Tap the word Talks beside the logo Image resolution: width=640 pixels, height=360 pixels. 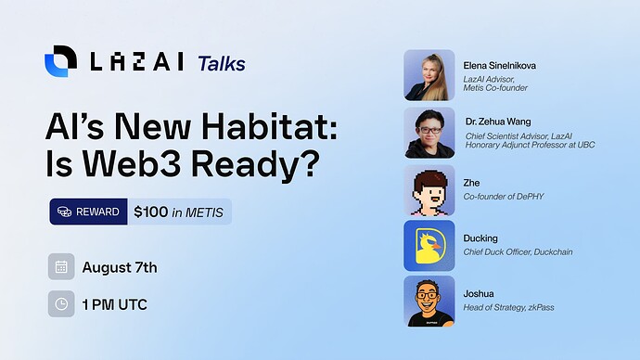(x=222, y=63)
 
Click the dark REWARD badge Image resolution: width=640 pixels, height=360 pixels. (x=88, y=212)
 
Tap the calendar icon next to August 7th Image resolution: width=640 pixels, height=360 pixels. (x=61, y=267)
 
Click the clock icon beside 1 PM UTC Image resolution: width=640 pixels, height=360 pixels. (x=61, y=303)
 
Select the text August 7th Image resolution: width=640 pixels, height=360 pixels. (x=120, y=267)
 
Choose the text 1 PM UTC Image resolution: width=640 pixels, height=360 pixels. (x=114, y=304)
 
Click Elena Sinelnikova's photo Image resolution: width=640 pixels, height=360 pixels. (x=429, y=75)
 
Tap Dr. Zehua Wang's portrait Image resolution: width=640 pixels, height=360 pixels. (x=429, y=133)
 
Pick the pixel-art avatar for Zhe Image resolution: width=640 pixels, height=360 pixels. (x=429, y=190)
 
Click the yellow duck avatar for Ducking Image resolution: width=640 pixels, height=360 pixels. (x=429, y=245)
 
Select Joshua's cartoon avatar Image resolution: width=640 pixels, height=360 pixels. (x=429, y=301)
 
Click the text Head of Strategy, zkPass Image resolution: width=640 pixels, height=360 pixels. (x=508, y=307)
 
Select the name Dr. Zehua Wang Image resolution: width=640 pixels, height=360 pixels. (x=498, y=122)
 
